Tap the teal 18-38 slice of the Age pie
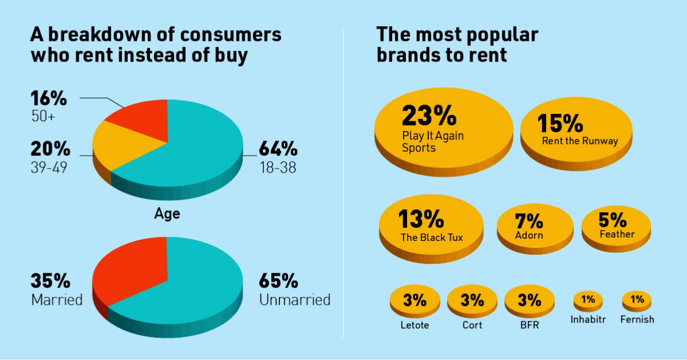(x=195, y=150)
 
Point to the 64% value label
(x=278, y=150)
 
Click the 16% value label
(x=49, y=98)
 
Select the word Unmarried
(x=294, y=300)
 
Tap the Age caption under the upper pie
(x=167, y=214)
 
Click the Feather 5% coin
(x=616, y=226)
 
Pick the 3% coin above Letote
(x=414, y=300)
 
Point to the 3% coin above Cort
(x=472, y=300)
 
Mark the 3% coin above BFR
(x=529, y=300)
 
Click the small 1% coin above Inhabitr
(x=588, y=300)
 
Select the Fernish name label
(x=637, y=319)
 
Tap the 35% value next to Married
(x=50, y=282)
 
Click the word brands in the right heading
(x=406, y=55)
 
